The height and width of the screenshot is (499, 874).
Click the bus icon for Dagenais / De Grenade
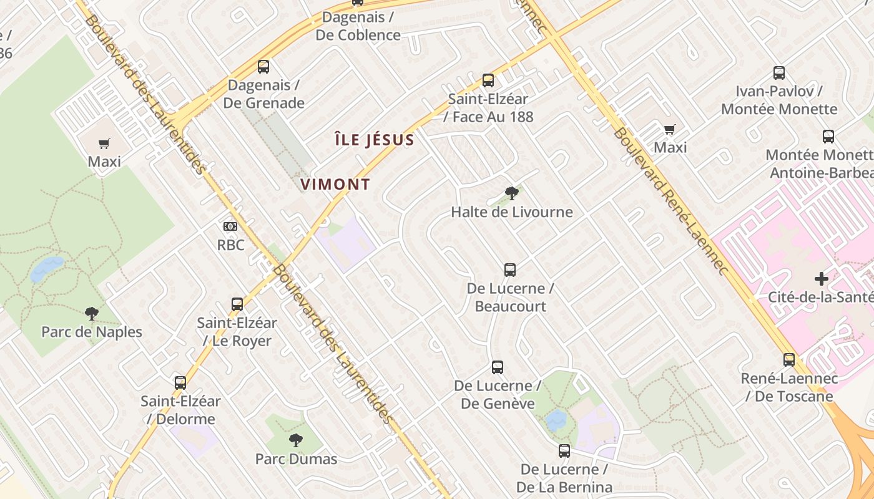point(263,66)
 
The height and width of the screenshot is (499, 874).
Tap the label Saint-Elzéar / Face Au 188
point(488,107)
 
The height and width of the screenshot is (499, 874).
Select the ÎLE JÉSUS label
point(374,140)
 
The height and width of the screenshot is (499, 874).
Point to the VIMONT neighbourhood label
point(335,185)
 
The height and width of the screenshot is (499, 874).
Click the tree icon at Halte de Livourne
point(512,193)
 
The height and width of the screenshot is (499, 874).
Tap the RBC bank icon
point(230,226)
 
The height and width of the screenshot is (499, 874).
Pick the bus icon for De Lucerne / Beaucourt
point(510,270)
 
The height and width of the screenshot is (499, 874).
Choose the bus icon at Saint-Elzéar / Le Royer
point(237,304)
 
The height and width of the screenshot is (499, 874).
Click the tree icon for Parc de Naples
point(92,313)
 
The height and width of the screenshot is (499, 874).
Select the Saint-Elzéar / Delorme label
point(180,410)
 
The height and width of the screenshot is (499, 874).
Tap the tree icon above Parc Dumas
point(296,440)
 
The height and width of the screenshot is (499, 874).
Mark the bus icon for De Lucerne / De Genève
point(498,367)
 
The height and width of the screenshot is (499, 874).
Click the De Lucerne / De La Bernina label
point(564,478)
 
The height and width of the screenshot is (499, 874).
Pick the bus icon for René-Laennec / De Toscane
point(789,360)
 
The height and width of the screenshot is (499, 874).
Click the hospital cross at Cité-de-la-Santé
point(822,278)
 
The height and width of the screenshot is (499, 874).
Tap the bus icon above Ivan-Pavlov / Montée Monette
point(779,73)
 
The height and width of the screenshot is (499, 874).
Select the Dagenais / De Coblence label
point(358,26)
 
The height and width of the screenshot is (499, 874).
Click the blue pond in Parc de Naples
point(47,268)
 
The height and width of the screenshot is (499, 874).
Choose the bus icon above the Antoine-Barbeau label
point(828,137)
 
